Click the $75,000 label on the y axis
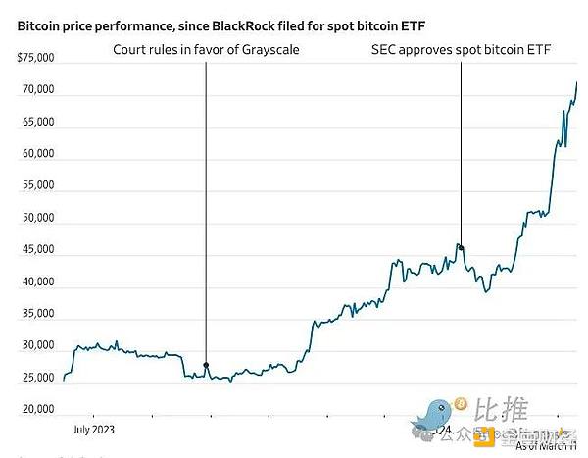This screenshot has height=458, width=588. pos(36,59)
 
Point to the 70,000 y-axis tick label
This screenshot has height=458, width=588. pos(38,91)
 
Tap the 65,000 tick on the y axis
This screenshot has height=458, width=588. pos(38,123)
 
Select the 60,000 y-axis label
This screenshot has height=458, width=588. pos(38,155)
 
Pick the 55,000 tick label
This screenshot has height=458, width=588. pos(38,186)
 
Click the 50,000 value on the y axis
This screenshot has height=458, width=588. pos(38,219)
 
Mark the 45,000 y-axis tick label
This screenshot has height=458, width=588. pos(38,250)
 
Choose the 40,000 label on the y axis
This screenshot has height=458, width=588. pos(38,282)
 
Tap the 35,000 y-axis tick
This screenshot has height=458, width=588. pos(38,314)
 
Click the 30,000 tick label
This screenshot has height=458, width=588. pos(38,346)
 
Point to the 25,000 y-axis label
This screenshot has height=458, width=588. pos(38,378)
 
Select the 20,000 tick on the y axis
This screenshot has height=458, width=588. pos(38,409)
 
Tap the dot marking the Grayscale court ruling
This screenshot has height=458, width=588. pos(206,365)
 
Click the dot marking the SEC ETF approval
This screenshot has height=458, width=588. pos(461,247)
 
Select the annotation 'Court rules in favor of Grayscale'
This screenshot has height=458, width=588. pos(206,49)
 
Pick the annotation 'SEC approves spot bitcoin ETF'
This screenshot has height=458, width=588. pos(461,49)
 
